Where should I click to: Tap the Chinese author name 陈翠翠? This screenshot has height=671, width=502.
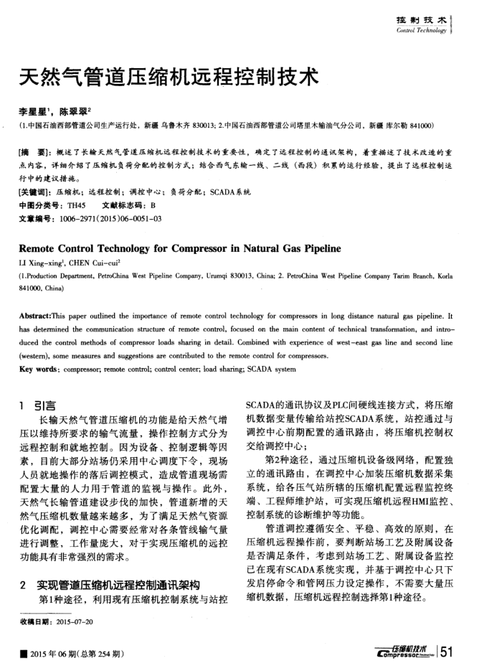74,113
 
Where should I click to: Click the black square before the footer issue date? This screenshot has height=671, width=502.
26,653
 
